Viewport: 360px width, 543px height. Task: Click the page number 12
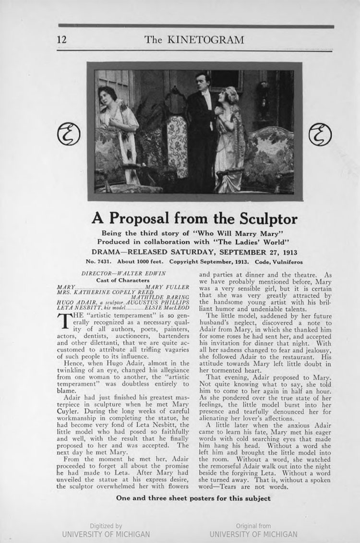click(x=62, y=39)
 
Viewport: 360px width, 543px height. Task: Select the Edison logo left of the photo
click(x=68, y=134)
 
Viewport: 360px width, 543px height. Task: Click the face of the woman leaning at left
click(x=107, y=95)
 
